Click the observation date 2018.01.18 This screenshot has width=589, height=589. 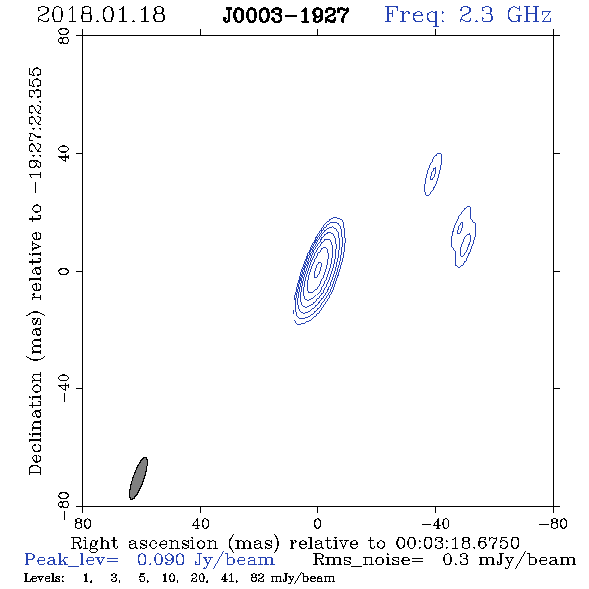101,15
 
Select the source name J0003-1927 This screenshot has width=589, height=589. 286,16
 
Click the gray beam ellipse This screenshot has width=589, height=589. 138,478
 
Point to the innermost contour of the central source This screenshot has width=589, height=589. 318,269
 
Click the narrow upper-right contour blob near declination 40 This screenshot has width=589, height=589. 433,174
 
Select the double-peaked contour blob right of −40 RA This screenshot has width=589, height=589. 464,237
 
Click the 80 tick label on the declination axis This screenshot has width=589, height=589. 64,36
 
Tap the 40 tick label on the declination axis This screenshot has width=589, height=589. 64,154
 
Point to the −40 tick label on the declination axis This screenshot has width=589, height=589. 64,388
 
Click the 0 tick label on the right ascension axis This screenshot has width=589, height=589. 318,524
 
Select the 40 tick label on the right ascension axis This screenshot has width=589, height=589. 201,524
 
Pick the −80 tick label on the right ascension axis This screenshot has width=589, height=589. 553,524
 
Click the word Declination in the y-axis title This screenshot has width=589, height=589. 35,423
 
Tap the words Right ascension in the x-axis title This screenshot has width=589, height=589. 144,544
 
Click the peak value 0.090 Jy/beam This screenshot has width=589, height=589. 206,560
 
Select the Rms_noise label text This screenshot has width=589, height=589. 368,560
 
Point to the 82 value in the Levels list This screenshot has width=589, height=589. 257,578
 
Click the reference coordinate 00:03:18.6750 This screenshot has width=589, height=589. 457,543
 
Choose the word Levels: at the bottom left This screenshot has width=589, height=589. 44,578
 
